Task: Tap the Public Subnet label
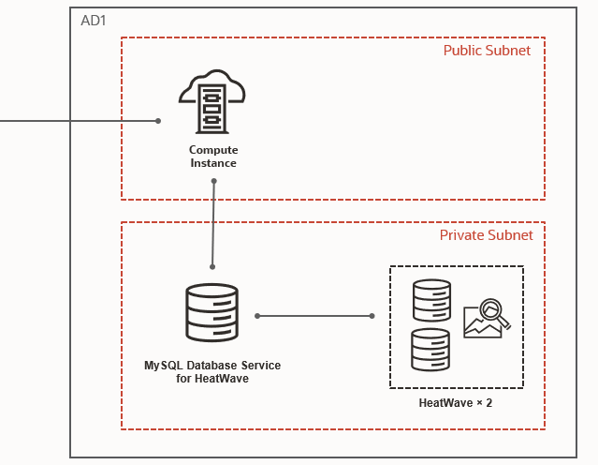click(x=487, y=51)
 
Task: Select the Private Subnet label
click(x=487, y=235)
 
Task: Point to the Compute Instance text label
click(x=213, y=157)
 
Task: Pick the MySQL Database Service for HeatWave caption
click(x=212, y=371)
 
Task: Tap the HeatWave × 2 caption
click(x=456, y=402)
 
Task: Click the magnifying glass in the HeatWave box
click(x=492, y=313)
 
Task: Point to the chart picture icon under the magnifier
click(x=481, y=324)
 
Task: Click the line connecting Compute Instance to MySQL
click(x=213, y=225)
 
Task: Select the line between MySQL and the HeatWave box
click(x=314, y=316)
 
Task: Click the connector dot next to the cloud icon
click(x=158, y=121)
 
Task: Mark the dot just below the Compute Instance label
click(x=214, y=182)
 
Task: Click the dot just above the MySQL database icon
click(x=212, y=267)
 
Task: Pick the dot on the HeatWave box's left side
click(x=372, y=316)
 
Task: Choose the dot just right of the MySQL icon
click(x=256, y=316)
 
